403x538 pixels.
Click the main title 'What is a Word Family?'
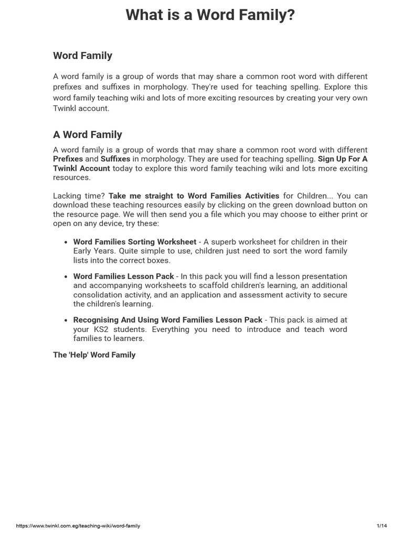(x=210, y=15)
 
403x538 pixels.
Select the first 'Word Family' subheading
(x=82, y=55)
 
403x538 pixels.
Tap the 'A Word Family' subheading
(x=87, y=134)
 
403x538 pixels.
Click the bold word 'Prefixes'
(x=68, y=159)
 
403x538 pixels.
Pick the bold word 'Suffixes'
(x=115, y=159)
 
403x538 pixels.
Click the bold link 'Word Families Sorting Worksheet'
(x=134, y=242)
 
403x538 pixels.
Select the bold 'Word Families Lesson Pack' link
(x=123, y=276)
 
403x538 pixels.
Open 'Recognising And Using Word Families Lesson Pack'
(x=167, y=319)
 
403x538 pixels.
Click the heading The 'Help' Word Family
(x=94, y=355)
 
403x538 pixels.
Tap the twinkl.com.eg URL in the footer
(x=78, y=526)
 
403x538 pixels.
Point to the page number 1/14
(x=381, y=526)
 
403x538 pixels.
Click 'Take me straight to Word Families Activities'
(x=194, y=195)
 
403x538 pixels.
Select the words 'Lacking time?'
(x=79, y=195)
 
